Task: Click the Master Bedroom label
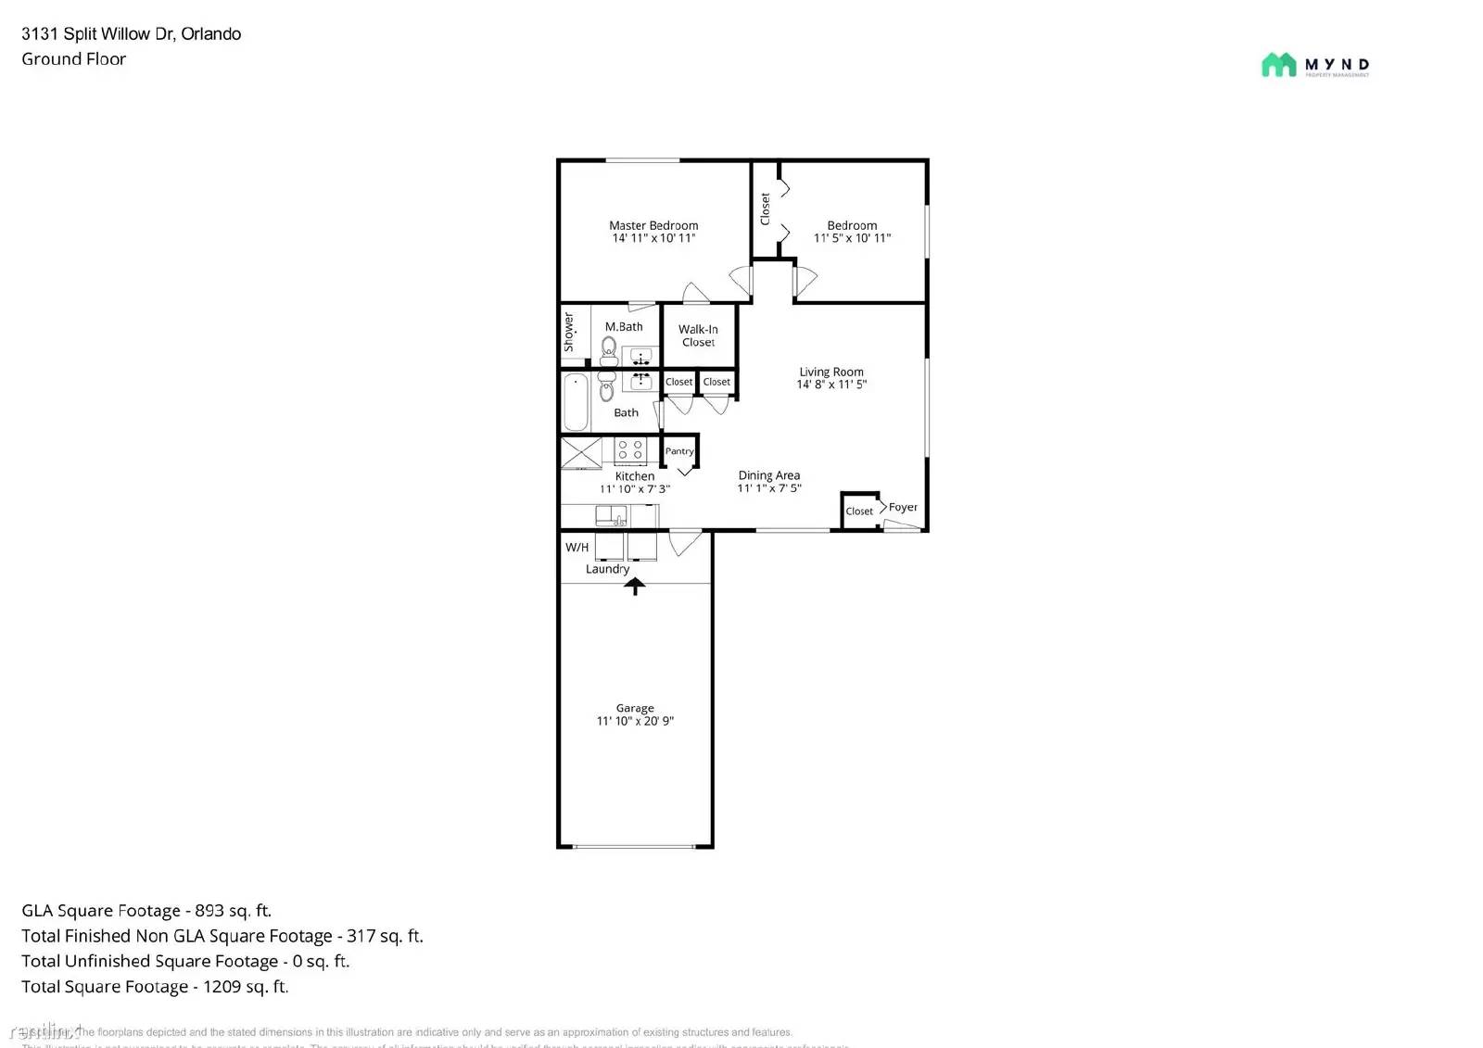coord(653,225)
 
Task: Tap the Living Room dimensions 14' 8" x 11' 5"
coord(831,385)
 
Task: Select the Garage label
coord(635,708)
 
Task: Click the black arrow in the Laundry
coord(635,586)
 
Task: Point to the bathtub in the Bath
coord(576,403)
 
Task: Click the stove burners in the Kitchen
coord(631,450)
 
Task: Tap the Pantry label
coord(679,451)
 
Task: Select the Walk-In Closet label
coord(698,335)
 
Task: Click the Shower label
coord(569,331)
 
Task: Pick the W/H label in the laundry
coord(577,548)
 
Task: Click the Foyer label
coord(903,507)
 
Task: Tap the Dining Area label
coord(769,475)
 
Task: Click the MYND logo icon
coord(1278,65)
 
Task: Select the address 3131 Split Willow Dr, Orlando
coord(132,34)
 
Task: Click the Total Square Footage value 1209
coord(222,987)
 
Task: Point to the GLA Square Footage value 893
coord(209,911)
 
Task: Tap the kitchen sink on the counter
coord(611,515)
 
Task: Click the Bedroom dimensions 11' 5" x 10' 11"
coord(852,238)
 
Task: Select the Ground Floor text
coord(74,59)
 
